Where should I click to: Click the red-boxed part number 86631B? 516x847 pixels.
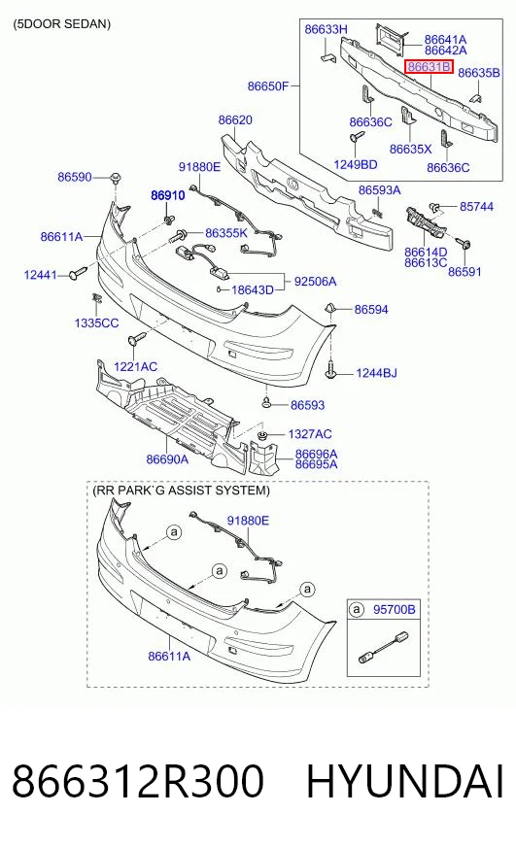pos(430,67)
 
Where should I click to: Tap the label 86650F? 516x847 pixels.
pos(268,85)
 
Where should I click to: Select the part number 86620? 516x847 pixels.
pos(235,119)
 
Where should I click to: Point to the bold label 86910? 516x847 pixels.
pos(168,195)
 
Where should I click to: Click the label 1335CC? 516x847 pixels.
pos(96,323)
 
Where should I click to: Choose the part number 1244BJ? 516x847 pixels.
pos(376,373)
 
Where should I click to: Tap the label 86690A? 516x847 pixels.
pos(167,459)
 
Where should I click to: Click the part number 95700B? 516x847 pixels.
pos(395,609)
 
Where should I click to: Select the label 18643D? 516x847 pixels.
pos(253,290)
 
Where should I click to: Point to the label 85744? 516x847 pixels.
pos(476,206)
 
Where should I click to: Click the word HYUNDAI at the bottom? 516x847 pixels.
pos(405,781)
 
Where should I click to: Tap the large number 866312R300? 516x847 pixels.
pos(138,781)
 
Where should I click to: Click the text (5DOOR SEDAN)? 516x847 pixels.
pos(62,23)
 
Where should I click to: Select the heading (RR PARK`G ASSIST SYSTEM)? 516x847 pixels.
pos(181,491)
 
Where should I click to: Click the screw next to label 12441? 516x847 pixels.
pos(79,273)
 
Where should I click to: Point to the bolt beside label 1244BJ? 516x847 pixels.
pos(331,371)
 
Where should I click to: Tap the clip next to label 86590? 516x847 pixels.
pos(116,178)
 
